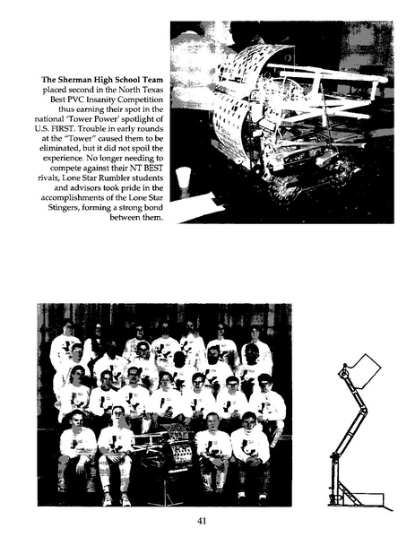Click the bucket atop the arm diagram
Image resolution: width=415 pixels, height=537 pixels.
pos(365,369)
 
